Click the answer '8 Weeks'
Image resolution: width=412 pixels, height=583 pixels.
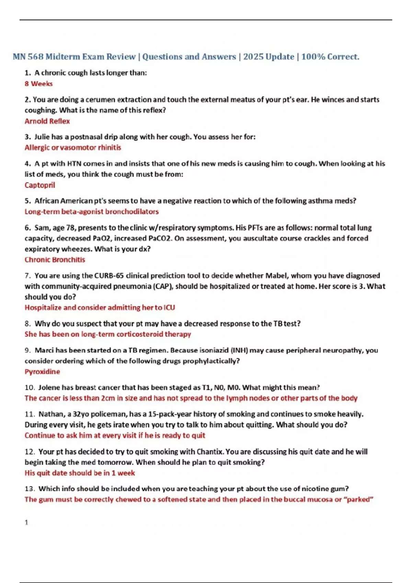[38, 84]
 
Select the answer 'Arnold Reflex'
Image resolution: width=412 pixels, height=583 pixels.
[47, 121]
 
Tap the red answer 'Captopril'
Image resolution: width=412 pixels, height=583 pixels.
[40, 185]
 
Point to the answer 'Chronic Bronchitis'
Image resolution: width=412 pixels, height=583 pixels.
[55, 260]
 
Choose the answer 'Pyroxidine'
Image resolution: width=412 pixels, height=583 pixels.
[42, 371]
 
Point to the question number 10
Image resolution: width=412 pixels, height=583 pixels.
[30, 388]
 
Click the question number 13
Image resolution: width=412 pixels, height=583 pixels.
[30, 489]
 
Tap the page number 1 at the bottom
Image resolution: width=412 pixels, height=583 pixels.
[26, 522]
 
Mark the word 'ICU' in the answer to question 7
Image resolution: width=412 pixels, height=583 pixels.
[169, 308]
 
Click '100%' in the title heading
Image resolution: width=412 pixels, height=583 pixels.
[313, 57]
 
